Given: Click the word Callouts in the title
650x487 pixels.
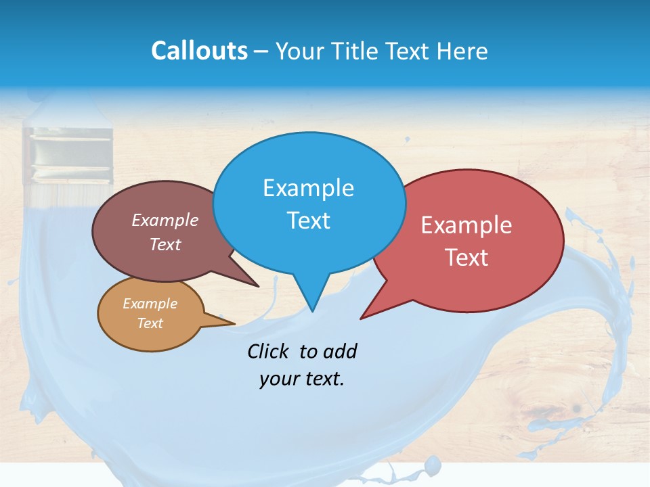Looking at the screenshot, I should point(199,51).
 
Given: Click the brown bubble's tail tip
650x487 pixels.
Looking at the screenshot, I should point(258,286).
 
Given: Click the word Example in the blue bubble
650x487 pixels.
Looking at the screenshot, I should point(308,187).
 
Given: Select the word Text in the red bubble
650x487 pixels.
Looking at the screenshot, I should point(466,258).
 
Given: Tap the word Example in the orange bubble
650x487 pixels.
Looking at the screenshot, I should point(150,304).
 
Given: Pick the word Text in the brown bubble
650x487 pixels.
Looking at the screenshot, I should point(165,244).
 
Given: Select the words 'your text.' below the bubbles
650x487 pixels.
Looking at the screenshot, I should point(302,379).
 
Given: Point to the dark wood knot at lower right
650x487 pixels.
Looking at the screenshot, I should point(577,408).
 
